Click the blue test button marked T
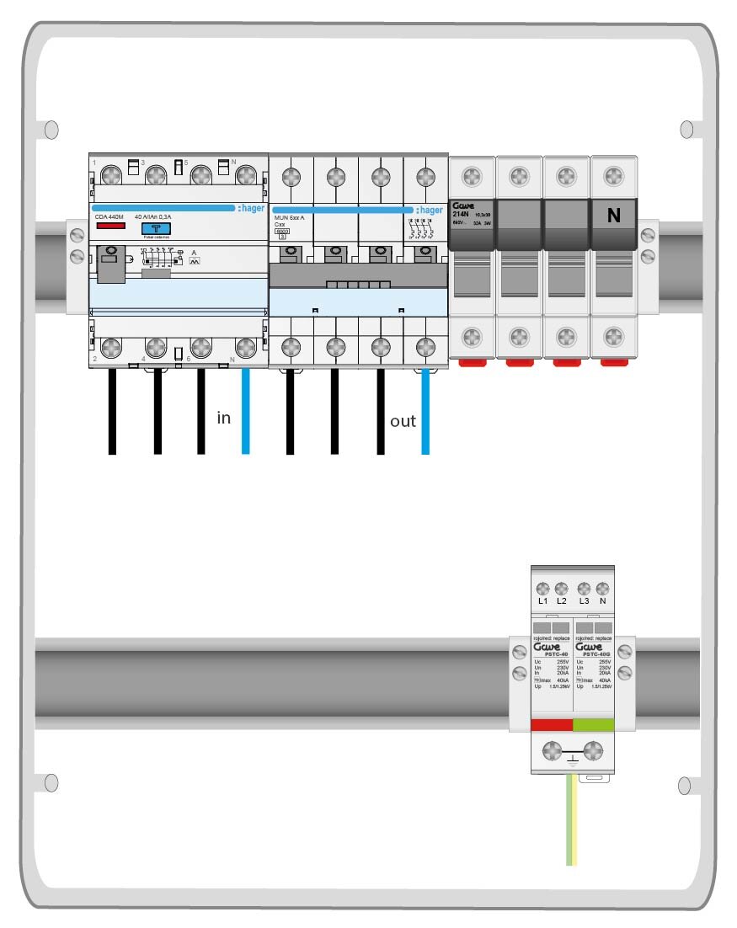154,228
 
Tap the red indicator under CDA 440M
108,227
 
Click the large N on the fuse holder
613,216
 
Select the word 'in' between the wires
223,418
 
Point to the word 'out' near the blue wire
403,421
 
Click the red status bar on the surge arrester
552,725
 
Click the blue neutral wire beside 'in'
245,413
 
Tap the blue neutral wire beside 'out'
425,413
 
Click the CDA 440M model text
109,217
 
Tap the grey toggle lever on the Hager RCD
109,264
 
